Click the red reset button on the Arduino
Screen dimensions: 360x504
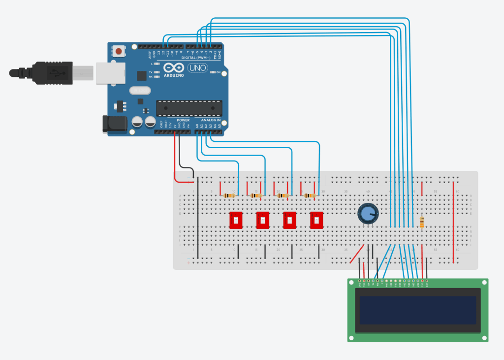tap(119, 50)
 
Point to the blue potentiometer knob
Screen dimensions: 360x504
tap(368, 213)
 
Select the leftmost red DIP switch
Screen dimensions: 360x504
tap(236, 220)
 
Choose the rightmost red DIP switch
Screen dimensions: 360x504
tap(316, 220)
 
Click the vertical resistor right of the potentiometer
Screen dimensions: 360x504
tap(422, 223)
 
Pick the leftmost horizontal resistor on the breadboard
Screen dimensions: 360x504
tap(229, 196)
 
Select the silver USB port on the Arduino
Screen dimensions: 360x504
tap(109, 72)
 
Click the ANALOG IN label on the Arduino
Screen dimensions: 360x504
tap(211, 120)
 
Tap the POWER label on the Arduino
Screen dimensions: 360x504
tap(183, 120)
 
